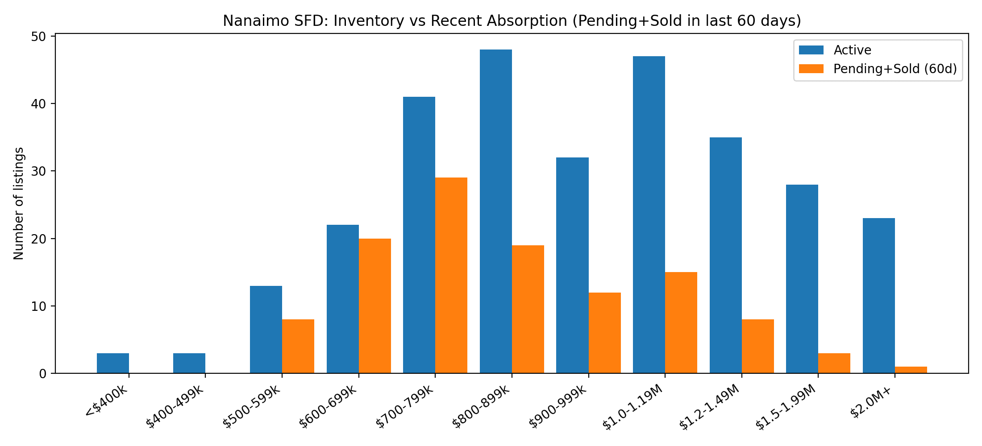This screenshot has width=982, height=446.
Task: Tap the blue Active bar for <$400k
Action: click(113, 363)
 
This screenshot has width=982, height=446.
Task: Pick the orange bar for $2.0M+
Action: click(911, 370)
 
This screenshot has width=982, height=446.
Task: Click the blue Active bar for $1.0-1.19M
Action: click(649, 215)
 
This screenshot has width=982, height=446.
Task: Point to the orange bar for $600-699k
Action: click(375, 306)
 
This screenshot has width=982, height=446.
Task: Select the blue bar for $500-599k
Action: click(266, 330)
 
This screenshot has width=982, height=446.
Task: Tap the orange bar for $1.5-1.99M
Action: click(834, 363)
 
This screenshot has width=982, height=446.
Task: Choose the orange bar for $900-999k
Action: click(605, 333)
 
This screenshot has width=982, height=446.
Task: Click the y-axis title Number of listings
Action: click(19, 203)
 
